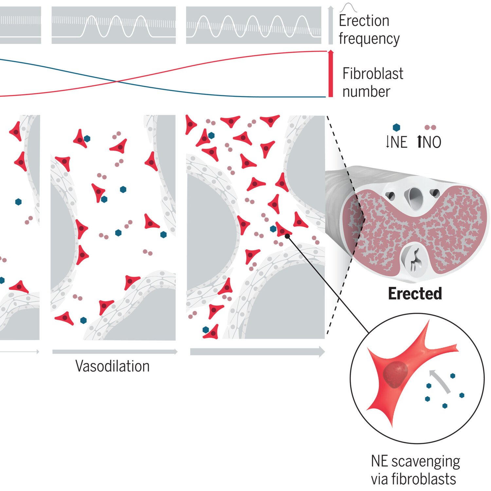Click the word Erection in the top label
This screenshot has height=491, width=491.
(364, 21)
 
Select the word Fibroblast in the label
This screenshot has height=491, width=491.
(373, 74)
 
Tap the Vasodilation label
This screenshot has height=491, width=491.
(112, 366)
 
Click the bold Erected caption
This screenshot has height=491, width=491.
(415, 293)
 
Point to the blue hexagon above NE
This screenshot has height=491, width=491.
(396, 127)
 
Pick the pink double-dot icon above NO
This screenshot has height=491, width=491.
(430, 127)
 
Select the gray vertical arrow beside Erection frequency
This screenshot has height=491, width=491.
(331, 25)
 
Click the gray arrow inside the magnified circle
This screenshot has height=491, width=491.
(440, 381)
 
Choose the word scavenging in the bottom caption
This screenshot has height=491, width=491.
(426, 462)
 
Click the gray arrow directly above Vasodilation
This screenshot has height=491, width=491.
(115, 352)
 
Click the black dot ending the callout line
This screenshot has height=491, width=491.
(287, 236)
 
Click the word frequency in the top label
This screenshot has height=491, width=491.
(369, 39)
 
